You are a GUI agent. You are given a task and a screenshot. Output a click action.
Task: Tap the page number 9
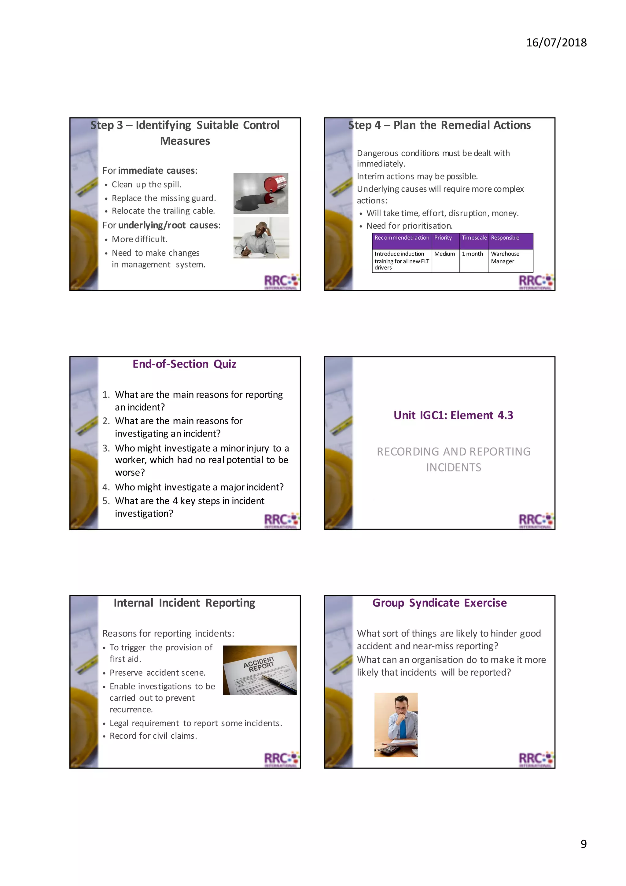coord(583,844)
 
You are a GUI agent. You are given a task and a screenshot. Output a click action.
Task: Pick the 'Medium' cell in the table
coord(444,254)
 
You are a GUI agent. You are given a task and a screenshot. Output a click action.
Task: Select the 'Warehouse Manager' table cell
coord(505,257)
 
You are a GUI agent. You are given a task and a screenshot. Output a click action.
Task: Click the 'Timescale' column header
coord(474,238)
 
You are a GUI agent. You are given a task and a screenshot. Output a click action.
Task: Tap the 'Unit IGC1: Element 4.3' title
coord(453,415)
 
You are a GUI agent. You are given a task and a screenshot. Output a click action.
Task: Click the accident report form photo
coord(260,670)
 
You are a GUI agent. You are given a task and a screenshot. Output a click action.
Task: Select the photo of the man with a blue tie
coord(396,725)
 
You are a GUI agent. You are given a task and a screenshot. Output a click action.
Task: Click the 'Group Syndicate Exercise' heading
coord(439,603)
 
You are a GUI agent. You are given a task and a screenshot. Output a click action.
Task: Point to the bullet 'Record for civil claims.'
coord(153,736)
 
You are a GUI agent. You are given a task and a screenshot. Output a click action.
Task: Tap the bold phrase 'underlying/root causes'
coord(168,225)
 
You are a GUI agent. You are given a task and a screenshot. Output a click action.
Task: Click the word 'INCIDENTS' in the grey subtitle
coord(454,468)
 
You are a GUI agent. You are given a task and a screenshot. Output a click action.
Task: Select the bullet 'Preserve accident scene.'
coord(157,673)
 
